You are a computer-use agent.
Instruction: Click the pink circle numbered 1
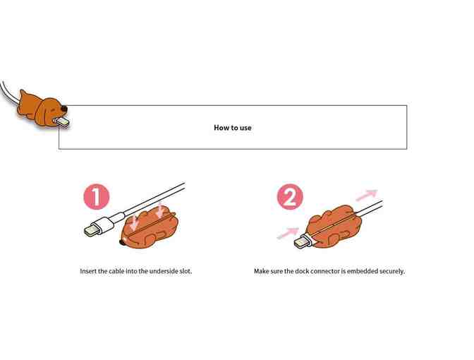click(97, 197)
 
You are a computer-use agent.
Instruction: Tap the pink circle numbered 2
click(289, 197)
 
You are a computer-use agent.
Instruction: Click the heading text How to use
click(232, 128)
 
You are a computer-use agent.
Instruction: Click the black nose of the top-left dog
click(66, 109)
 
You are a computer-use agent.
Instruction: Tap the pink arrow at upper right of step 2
click(366, 194)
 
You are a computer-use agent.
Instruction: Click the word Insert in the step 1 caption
click(89, 271)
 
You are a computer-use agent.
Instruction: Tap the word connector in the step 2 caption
click(321, 271)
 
